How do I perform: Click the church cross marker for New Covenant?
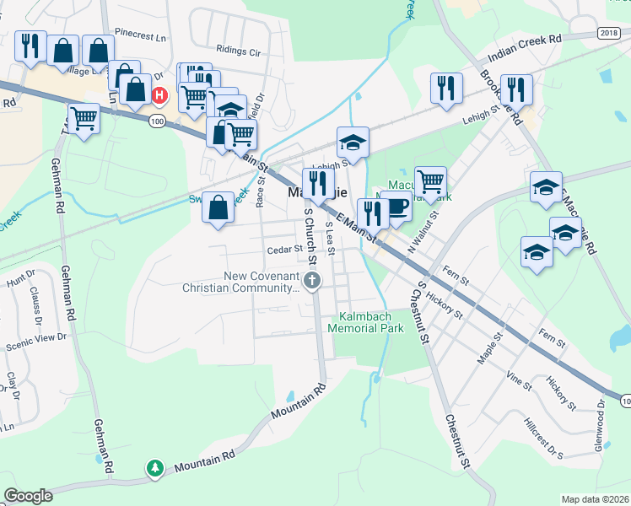coord(313,281)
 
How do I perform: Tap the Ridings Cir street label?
coord(239,51)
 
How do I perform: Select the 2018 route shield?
coord(608,32)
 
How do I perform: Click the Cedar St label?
coord(284,250)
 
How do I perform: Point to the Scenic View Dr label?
coord(35,337)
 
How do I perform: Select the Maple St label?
coord(489,347)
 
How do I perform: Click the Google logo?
coord(29,496)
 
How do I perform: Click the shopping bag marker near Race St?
coord(218,207)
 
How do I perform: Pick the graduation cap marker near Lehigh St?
coord(354,142)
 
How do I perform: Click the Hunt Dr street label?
coord(20,275)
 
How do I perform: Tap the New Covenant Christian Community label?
coord(240,282)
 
